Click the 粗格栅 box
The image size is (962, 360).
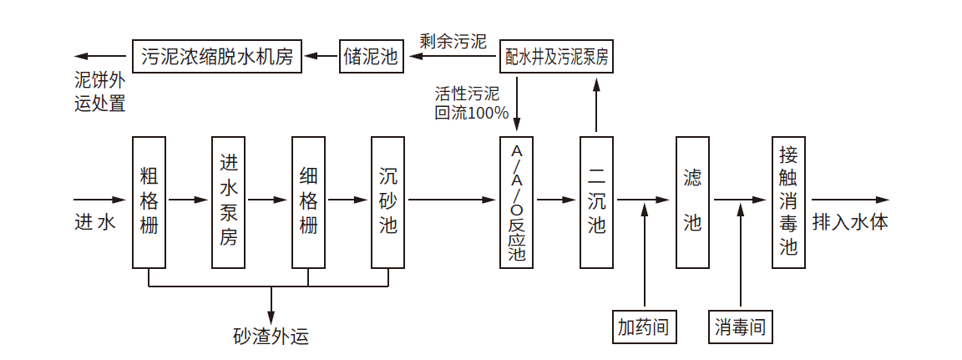(x=149, y=201)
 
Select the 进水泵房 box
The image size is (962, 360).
(x=229, y=201)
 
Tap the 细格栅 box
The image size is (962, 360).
(x=308, y=201)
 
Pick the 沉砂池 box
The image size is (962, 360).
(x=388, y=201)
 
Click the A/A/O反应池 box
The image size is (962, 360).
(x=516, y=201)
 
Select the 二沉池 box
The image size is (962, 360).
(x=596, y=201)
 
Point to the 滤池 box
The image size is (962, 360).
(x=692, y=201)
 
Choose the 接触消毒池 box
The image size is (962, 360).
(x=788, y=201)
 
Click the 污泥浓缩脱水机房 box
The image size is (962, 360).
(x=216, y=57)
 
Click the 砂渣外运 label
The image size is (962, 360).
(x=271, y=337)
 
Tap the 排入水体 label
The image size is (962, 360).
(x=849, y=222)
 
